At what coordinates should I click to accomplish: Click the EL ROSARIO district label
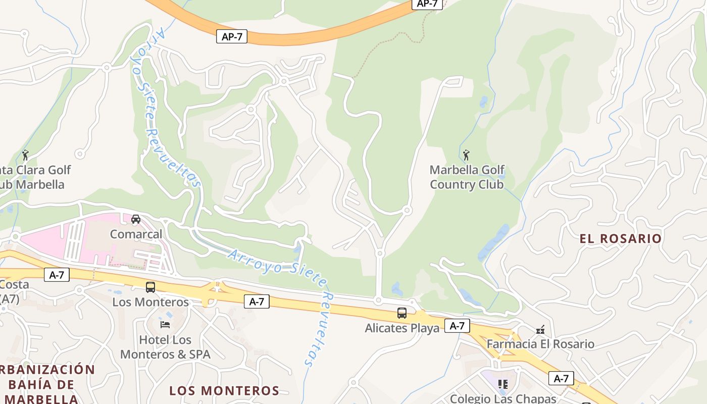(x=621, y=238)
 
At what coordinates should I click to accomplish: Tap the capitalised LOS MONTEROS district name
(x=224, y=390)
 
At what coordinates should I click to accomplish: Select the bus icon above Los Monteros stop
(x=150, y=287)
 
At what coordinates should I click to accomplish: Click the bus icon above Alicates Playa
(x=401, y=313)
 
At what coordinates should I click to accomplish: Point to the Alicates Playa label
(x=402, y=328)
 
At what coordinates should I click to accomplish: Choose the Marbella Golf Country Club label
(x=467, y=177)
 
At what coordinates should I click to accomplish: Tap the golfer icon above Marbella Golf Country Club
(x=466, y=154)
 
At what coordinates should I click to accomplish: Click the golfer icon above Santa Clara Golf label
(x=26, y=155)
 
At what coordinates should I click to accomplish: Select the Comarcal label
(x=136, y=234)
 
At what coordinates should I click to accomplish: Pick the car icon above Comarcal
(x=136, y=219)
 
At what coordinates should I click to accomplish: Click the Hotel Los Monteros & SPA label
(x=165, y=347)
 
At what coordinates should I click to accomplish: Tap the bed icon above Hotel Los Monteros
(x=165, y=324)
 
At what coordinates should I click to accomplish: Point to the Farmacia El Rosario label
(x=540, y=344)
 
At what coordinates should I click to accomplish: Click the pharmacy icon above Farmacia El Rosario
(x=540, y=330)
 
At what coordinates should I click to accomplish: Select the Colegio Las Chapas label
(x=502, y=398)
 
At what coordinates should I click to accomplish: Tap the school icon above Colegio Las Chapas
(x=502, y=384)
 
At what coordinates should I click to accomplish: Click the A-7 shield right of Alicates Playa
(x=457, y=326)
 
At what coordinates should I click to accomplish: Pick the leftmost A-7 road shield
(x=57, y=275)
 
